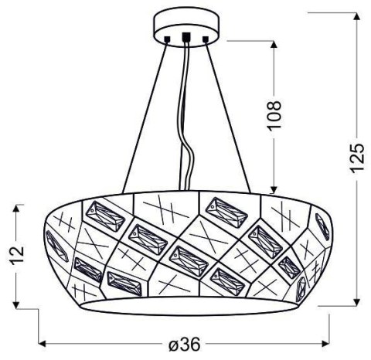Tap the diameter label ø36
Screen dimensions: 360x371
pyautogui.click(x=185, y=345)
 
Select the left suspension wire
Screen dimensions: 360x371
pyautogui.click(x=145, y=116)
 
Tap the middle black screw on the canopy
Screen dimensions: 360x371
pyautogui.click(x=185, y=35)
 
